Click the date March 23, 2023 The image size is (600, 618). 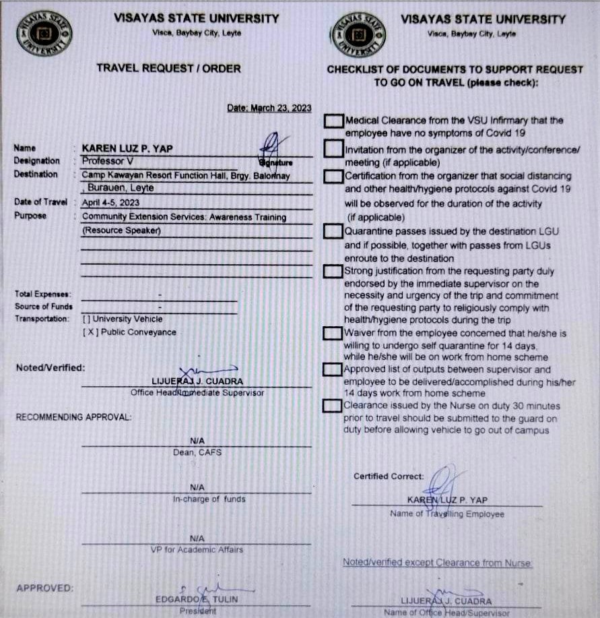click(269, 108)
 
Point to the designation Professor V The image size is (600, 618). click(108, 161)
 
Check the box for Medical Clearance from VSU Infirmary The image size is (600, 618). click(333, 121)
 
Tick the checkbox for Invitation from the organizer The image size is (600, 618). click(333, 148)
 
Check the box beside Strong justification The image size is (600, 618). click(333, 272)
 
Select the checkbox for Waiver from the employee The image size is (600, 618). click(333, 333)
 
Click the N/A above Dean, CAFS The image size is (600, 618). click(197, 440)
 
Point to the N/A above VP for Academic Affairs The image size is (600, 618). click(197, 538)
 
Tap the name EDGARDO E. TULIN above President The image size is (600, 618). click(197, 599)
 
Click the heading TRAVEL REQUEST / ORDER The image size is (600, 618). click(168, 68)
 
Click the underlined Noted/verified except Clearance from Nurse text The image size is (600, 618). click(437, 562)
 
